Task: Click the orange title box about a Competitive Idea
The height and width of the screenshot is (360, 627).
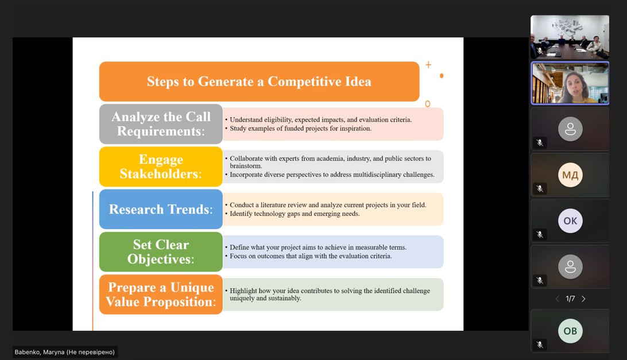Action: click(259, 82)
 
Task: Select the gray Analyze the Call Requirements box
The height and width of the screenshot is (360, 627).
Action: click(161, 124)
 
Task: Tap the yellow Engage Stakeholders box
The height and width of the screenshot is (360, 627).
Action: click(161, 167)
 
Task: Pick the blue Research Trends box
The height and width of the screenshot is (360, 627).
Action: click(161, 210)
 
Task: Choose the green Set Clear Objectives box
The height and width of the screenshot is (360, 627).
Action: click(161, 251)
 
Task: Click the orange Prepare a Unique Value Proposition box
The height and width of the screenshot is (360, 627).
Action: click(161, 295)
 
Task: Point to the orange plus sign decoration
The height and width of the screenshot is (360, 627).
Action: click(428, 65)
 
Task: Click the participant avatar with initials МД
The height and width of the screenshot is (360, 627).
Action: click(570, 175)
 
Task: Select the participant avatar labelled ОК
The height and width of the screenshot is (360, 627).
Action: click(570, 221)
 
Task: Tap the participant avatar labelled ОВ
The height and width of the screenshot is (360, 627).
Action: click(570, 331)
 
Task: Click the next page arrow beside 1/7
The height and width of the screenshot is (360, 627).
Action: click(584, 299)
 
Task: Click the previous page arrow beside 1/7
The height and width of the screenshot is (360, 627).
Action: click(557, 299)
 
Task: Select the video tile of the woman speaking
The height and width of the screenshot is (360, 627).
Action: click(570, 83)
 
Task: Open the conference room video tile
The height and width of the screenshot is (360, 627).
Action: click(570, 37)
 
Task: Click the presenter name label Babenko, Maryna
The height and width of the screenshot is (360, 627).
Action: click(64, 352)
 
